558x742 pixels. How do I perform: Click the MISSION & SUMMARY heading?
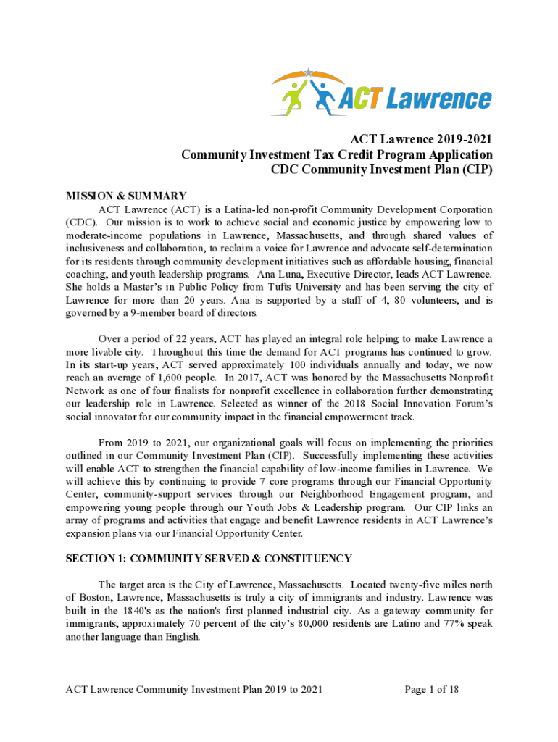click(x=126, y=196)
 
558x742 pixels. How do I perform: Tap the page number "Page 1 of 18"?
click(x=431, y=689)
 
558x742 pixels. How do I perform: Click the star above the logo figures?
click(x=309, y=72)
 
